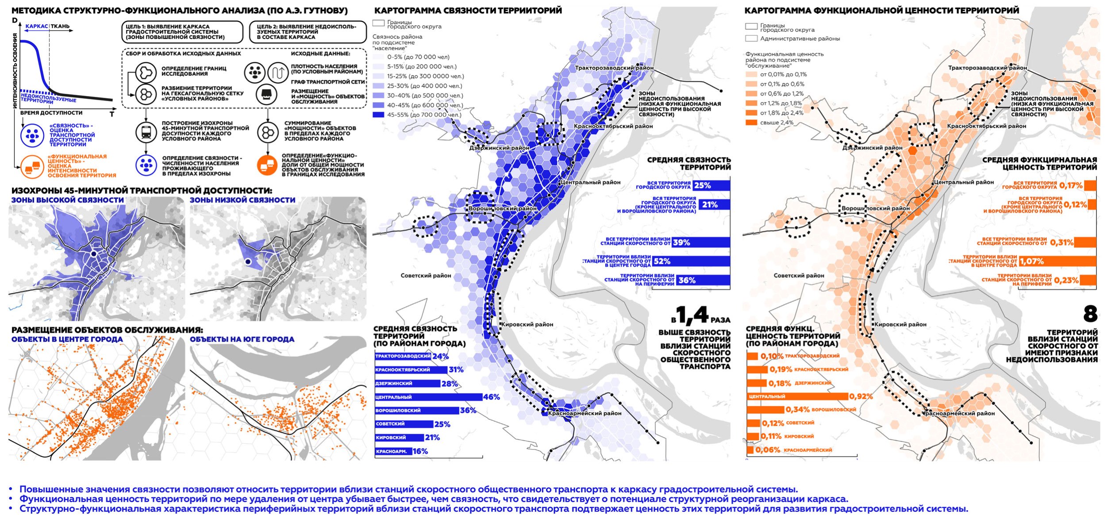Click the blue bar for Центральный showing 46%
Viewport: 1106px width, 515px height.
pyautogui.click(x=428, y=397)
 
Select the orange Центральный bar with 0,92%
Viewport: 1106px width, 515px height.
pyautogui.click(x=797, y=396)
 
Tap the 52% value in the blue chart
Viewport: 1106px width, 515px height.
pyautogui.click(x=662, y=261)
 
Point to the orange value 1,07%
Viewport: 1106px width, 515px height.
pyautogui.click(x=1032, y=261)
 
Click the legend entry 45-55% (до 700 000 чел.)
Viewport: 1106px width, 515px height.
pyautogui.click(x=417, y=115)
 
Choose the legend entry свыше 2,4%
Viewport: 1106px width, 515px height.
pyautogui.click(x=776, y=123)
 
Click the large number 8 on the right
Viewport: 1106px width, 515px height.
pyautogui.click(x=1090, y=314)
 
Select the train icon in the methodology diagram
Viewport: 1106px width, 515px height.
pyautogui.click(x=146, y=131)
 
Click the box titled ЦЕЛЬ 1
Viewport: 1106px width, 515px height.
pyautogui.click(x=182, y=32)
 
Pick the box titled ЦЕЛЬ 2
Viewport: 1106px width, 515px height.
pyautogui.click(x=308, y=32)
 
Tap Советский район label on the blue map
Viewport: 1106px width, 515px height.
pyautogui.click(x=426, y=276)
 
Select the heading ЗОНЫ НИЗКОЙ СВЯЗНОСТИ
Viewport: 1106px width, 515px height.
pyautogui.click(x=242, y=200)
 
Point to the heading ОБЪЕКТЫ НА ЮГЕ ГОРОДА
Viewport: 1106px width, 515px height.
pyautogui.click(x=242, y=339)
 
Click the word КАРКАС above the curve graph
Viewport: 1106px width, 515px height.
pyautogui.click(x=36, y=27)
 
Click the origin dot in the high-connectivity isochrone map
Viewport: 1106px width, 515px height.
pyautogui.click(x=94, y=254)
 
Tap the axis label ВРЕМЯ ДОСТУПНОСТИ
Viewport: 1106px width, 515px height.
pyautogui.click(x=51, y=113)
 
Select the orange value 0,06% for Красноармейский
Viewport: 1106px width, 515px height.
pyautogui.click(x=768, y=450)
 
